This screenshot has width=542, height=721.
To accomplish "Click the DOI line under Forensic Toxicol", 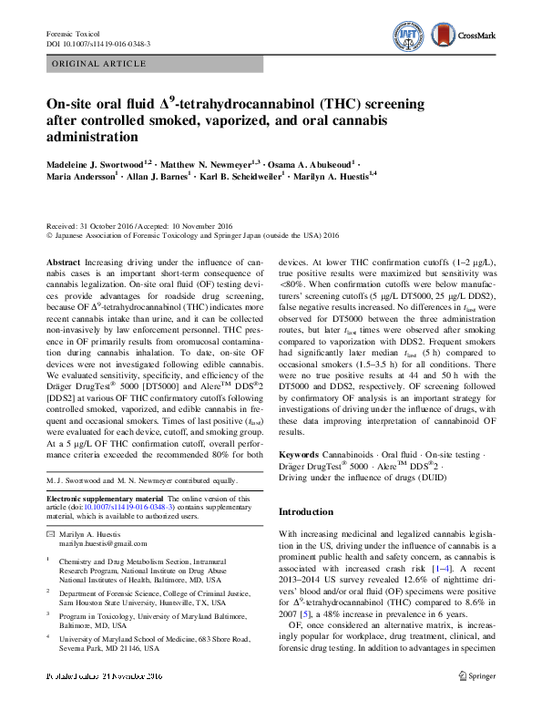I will point(98,43).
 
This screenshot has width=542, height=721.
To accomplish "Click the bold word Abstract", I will point(63,262).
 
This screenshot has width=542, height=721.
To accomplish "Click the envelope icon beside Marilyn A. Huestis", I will point(50,533).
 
